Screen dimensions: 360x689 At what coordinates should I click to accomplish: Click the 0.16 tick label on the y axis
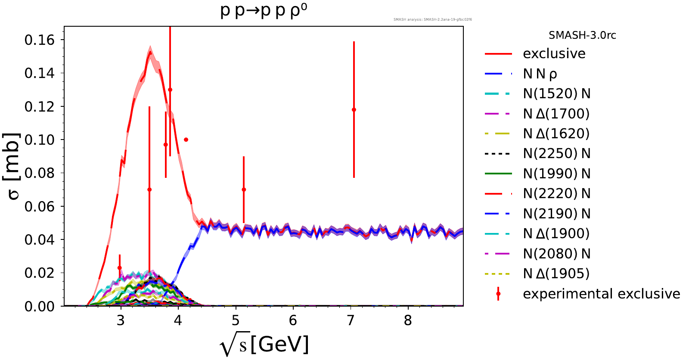pos(40,40)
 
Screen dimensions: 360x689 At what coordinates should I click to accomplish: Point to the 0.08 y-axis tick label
pos(40,173)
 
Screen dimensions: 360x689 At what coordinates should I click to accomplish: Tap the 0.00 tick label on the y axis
pos(40,306)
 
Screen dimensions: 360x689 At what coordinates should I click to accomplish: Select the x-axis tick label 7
pos(351,320)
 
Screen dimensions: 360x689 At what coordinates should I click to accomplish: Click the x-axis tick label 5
pos(236,320)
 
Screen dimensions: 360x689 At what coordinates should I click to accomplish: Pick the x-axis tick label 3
pos(121,320)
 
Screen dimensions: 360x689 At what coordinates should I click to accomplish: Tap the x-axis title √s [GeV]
pos(264,345)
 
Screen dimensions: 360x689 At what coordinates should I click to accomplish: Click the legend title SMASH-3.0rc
pos(582,35)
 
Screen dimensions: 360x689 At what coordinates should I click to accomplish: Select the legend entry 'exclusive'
pos(554,54)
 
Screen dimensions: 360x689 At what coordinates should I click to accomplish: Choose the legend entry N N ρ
pos(540,74)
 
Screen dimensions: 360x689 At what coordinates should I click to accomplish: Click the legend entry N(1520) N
pos(556,94)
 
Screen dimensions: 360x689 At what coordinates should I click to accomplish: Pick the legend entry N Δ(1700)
pos(556,114)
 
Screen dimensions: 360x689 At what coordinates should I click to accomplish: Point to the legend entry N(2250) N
pos(556,154)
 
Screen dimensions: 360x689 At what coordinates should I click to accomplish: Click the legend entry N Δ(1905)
pos(556,273)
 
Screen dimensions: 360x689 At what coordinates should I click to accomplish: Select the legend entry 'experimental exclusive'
pos(601,294)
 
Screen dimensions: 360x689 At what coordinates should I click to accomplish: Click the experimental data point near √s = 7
pos(354,110)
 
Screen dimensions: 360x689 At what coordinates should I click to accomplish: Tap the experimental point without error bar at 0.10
pos(186,140)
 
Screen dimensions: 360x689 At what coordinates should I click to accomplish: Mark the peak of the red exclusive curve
pos(150,52)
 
